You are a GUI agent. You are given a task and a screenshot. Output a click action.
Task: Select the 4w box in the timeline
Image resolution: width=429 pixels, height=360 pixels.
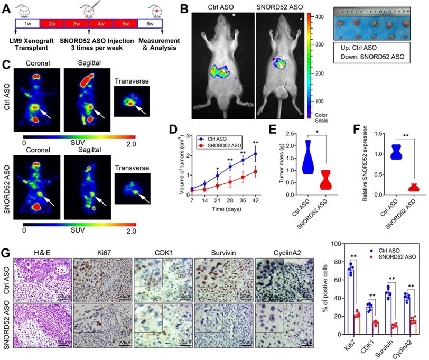(99, 24)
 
